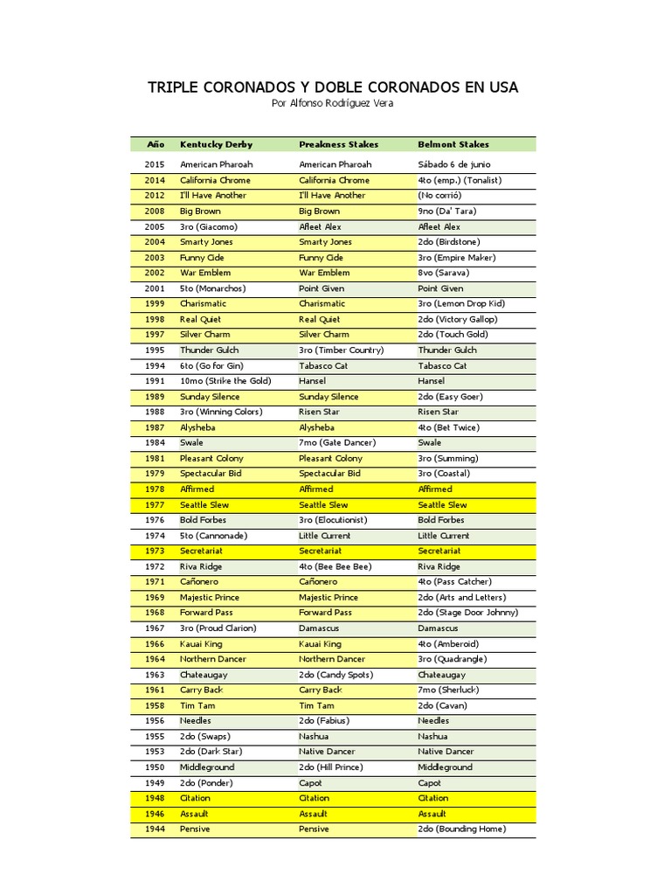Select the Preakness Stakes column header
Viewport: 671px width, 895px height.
[339, 144]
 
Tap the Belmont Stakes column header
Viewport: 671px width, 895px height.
[453, 144]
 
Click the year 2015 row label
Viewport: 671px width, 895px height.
[155, 164]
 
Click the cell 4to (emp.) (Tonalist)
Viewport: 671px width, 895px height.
[459, 180]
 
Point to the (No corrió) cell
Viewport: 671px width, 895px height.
[439, 196]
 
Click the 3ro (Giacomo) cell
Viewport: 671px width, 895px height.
[208, 226]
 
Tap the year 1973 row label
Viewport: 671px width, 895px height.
[155, 552]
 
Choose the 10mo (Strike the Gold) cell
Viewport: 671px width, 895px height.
[225, 381]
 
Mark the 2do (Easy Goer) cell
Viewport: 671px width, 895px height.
[450, 397]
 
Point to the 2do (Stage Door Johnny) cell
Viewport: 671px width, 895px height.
[467, 613]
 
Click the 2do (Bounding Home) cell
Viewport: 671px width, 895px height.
[461, 829]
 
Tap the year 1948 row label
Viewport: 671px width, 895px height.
[155, 798]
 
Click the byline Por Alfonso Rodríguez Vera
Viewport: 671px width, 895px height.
[333, 103]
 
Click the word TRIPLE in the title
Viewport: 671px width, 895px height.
[173, 87]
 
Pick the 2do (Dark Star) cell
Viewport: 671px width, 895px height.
[211, 752]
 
